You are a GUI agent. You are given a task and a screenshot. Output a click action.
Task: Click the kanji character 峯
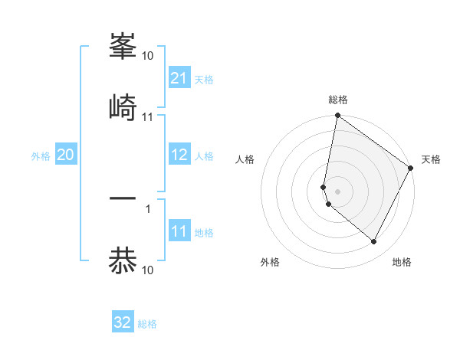(x=123, y=47)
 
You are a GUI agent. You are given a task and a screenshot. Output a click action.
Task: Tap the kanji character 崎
(x=123, y=106)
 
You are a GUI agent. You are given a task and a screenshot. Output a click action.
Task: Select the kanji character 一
(x=123, y=200)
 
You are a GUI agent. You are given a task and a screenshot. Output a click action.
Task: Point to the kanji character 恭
(x=123, y=261)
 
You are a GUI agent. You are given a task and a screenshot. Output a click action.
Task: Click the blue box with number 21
(x=179, y=78)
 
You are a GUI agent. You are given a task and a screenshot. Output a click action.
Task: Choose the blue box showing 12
(x=179, y=155)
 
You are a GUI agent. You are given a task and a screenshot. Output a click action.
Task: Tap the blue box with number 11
(x=179, y=231)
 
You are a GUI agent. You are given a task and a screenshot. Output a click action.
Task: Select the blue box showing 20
(x=66, y=155)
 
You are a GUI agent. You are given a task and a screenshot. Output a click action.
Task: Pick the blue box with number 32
(x=123, y=322)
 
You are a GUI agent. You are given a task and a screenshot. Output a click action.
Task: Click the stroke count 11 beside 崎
(x=148, y=117)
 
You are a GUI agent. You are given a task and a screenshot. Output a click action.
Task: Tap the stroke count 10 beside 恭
(x=148, y=270)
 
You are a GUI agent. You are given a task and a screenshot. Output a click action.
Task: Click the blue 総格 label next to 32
(x=147, y=324)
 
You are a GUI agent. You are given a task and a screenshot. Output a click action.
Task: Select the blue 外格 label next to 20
(x=41, y=156)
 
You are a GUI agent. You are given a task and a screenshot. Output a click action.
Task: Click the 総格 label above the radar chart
(x=338, y=100)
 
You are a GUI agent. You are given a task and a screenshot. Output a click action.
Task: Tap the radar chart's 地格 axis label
(x=402, y=262)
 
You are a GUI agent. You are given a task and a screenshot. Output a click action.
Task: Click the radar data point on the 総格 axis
(x=337, y=116)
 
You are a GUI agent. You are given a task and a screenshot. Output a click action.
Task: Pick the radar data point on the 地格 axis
(x=373, y=242)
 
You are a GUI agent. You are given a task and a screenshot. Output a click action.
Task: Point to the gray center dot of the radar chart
(x=337, y=191)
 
